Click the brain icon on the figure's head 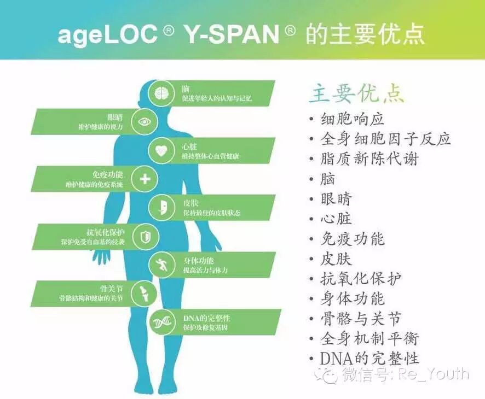[x=162, y=92]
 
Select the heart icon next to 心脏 [x=162, y=150]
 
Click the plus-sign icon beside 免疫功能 [x=145, y=179]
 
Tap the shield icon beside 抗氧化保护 [x=145, y=237]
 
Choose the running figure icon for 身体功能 [x=162, y=265]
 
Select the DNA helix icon [x=162, y=322]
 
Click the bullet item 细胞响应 [x=353, y=119]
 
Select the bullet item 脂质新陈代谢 [x=369, y=159]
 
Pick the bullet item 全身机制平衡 [x=369, y=338]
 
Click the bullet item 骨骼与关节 [x=361, y=318]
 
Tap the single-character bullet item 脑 [x=328, y=179]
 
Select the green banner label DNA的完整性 [x=206, y=318]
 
